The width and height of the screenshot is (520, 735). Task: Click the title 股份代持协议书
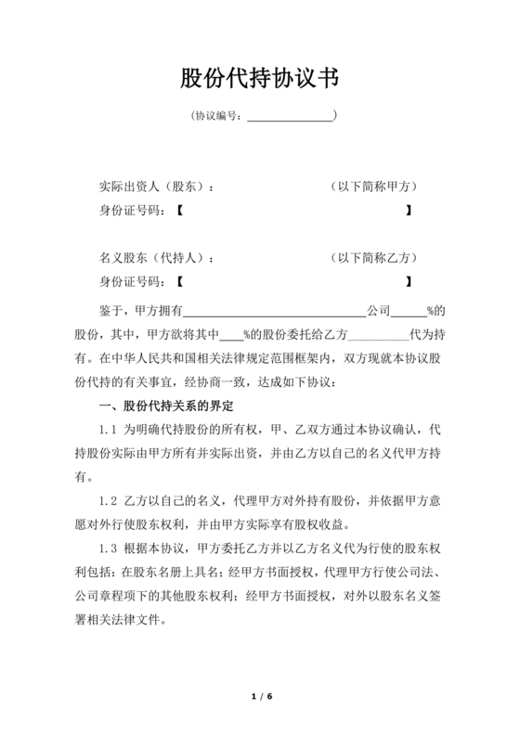pos(259,77)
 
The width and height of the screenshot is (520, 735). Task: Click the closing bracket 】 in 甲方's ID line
pos(409,211)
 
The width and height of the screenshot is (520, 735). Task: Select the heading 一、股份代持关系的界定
pos(166,406)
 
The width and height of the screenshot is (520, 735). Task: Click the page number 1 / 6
pos(260,696)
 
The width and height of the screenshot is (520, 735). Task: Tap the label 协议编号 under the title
pos(219,117)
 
